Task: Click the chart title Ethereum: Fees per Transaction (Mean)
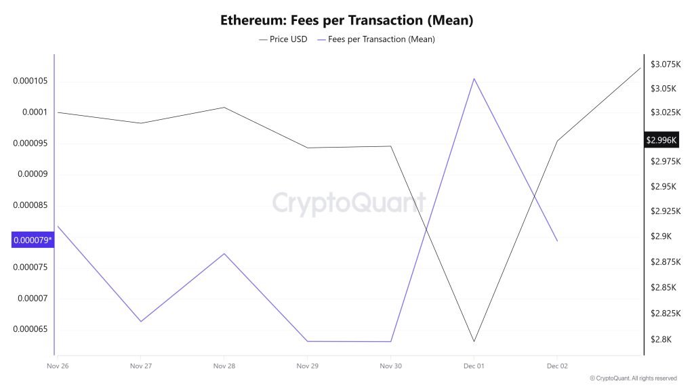(346, 20)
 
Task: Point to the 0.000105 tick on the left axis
(30, 81)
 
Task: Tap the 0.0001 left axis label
(34, 112)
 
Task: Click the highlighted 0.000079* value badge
(33, 239)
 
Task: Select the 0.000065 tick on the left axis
(30, 330)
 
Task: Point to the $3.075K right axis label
(665, 64)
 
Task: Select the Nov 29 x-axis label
(307, 366)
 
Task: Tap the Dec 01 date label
(474, 366)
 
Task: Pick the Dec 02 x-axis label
(557, 366)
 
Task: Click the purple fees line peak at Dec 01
(474, 79)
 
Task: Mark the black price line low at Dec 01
(474, 341)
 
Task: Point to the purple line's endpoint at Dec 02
(557, 241)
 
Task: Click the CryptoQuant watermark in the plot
(348, 202)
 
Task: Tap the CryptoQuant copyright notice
(633, 378)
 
